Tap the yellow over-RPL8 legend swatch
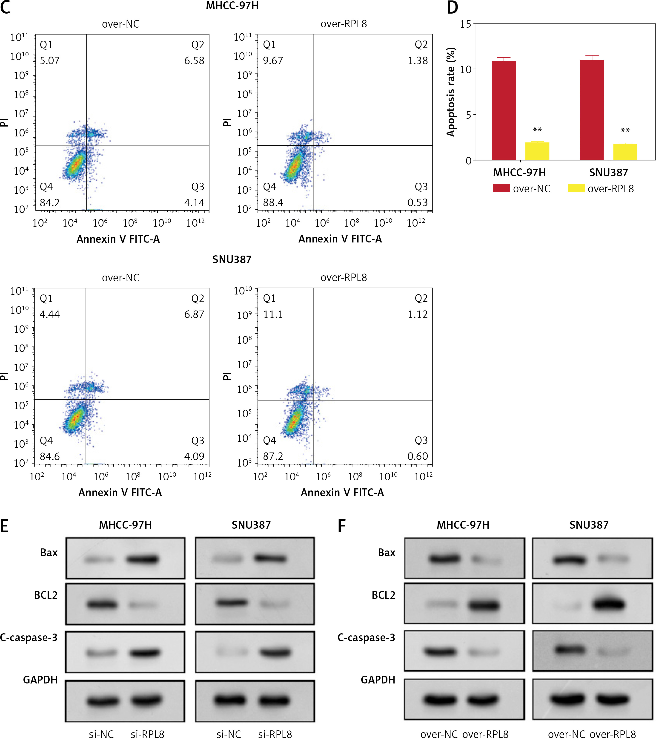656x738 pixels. point(576,188)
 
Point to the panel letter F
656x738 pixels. point(341,526)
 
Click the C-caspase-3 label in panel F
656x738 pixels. point(366,638)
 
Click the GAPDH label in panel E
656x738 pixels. point(40,680)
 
